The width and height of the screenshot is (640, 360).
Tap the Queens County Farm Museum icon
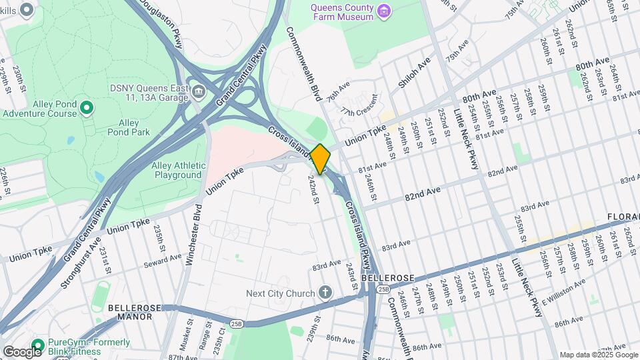[x=383, y=11]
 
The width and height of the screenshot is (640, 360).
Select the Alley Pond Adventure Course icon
[x=86, y=107]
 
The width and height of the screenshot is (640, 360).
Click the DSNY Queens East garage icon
[x=199, y=91]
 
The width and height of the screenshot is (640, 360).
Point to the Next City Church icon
[x=325, y=293]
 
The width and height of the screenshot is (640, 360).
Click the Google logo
[x=22, y=351]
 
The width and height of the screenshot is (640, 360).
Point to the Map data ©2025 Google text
[x=598, y=355]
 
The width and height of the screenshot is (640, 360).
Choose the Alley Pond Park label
[x=123, y=127]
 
